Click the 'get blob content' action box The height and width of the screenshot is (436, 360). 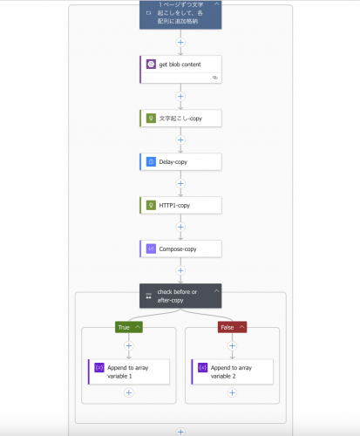180,70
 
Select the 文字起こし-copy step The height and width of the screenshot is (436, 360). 180,119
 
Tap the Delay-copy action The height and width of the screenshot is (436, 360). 180,162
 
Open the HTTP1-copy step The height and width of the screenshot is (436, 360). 180,206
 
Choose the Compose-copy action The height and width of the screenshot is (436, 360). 180,249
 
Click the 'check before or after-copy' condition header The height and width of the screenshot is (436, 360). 180,296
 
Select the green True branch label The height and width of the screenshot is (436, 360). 129,327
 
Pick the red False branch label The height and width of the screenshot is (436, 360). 232,327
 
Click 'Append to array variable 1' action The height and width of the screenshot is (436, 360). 129,372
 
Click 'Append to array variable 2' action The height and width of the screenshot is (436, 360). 233,372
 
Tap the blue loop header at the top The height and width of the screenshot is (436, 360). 180,15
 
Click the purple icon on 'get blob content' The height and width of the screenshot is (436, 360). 151,64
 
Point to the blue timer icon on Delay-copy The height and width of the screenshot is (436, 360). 151,161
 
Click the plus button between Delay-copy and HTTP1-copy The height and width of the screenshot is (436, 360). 180,184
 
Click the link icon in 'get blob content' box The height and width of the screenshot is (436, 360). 215,78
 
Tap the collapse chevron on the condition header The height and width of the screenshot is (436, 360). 216,291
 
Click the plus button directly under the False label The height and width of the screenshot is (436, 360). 232,346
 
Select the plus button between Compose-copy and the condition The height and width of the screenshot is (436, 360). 180,270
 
